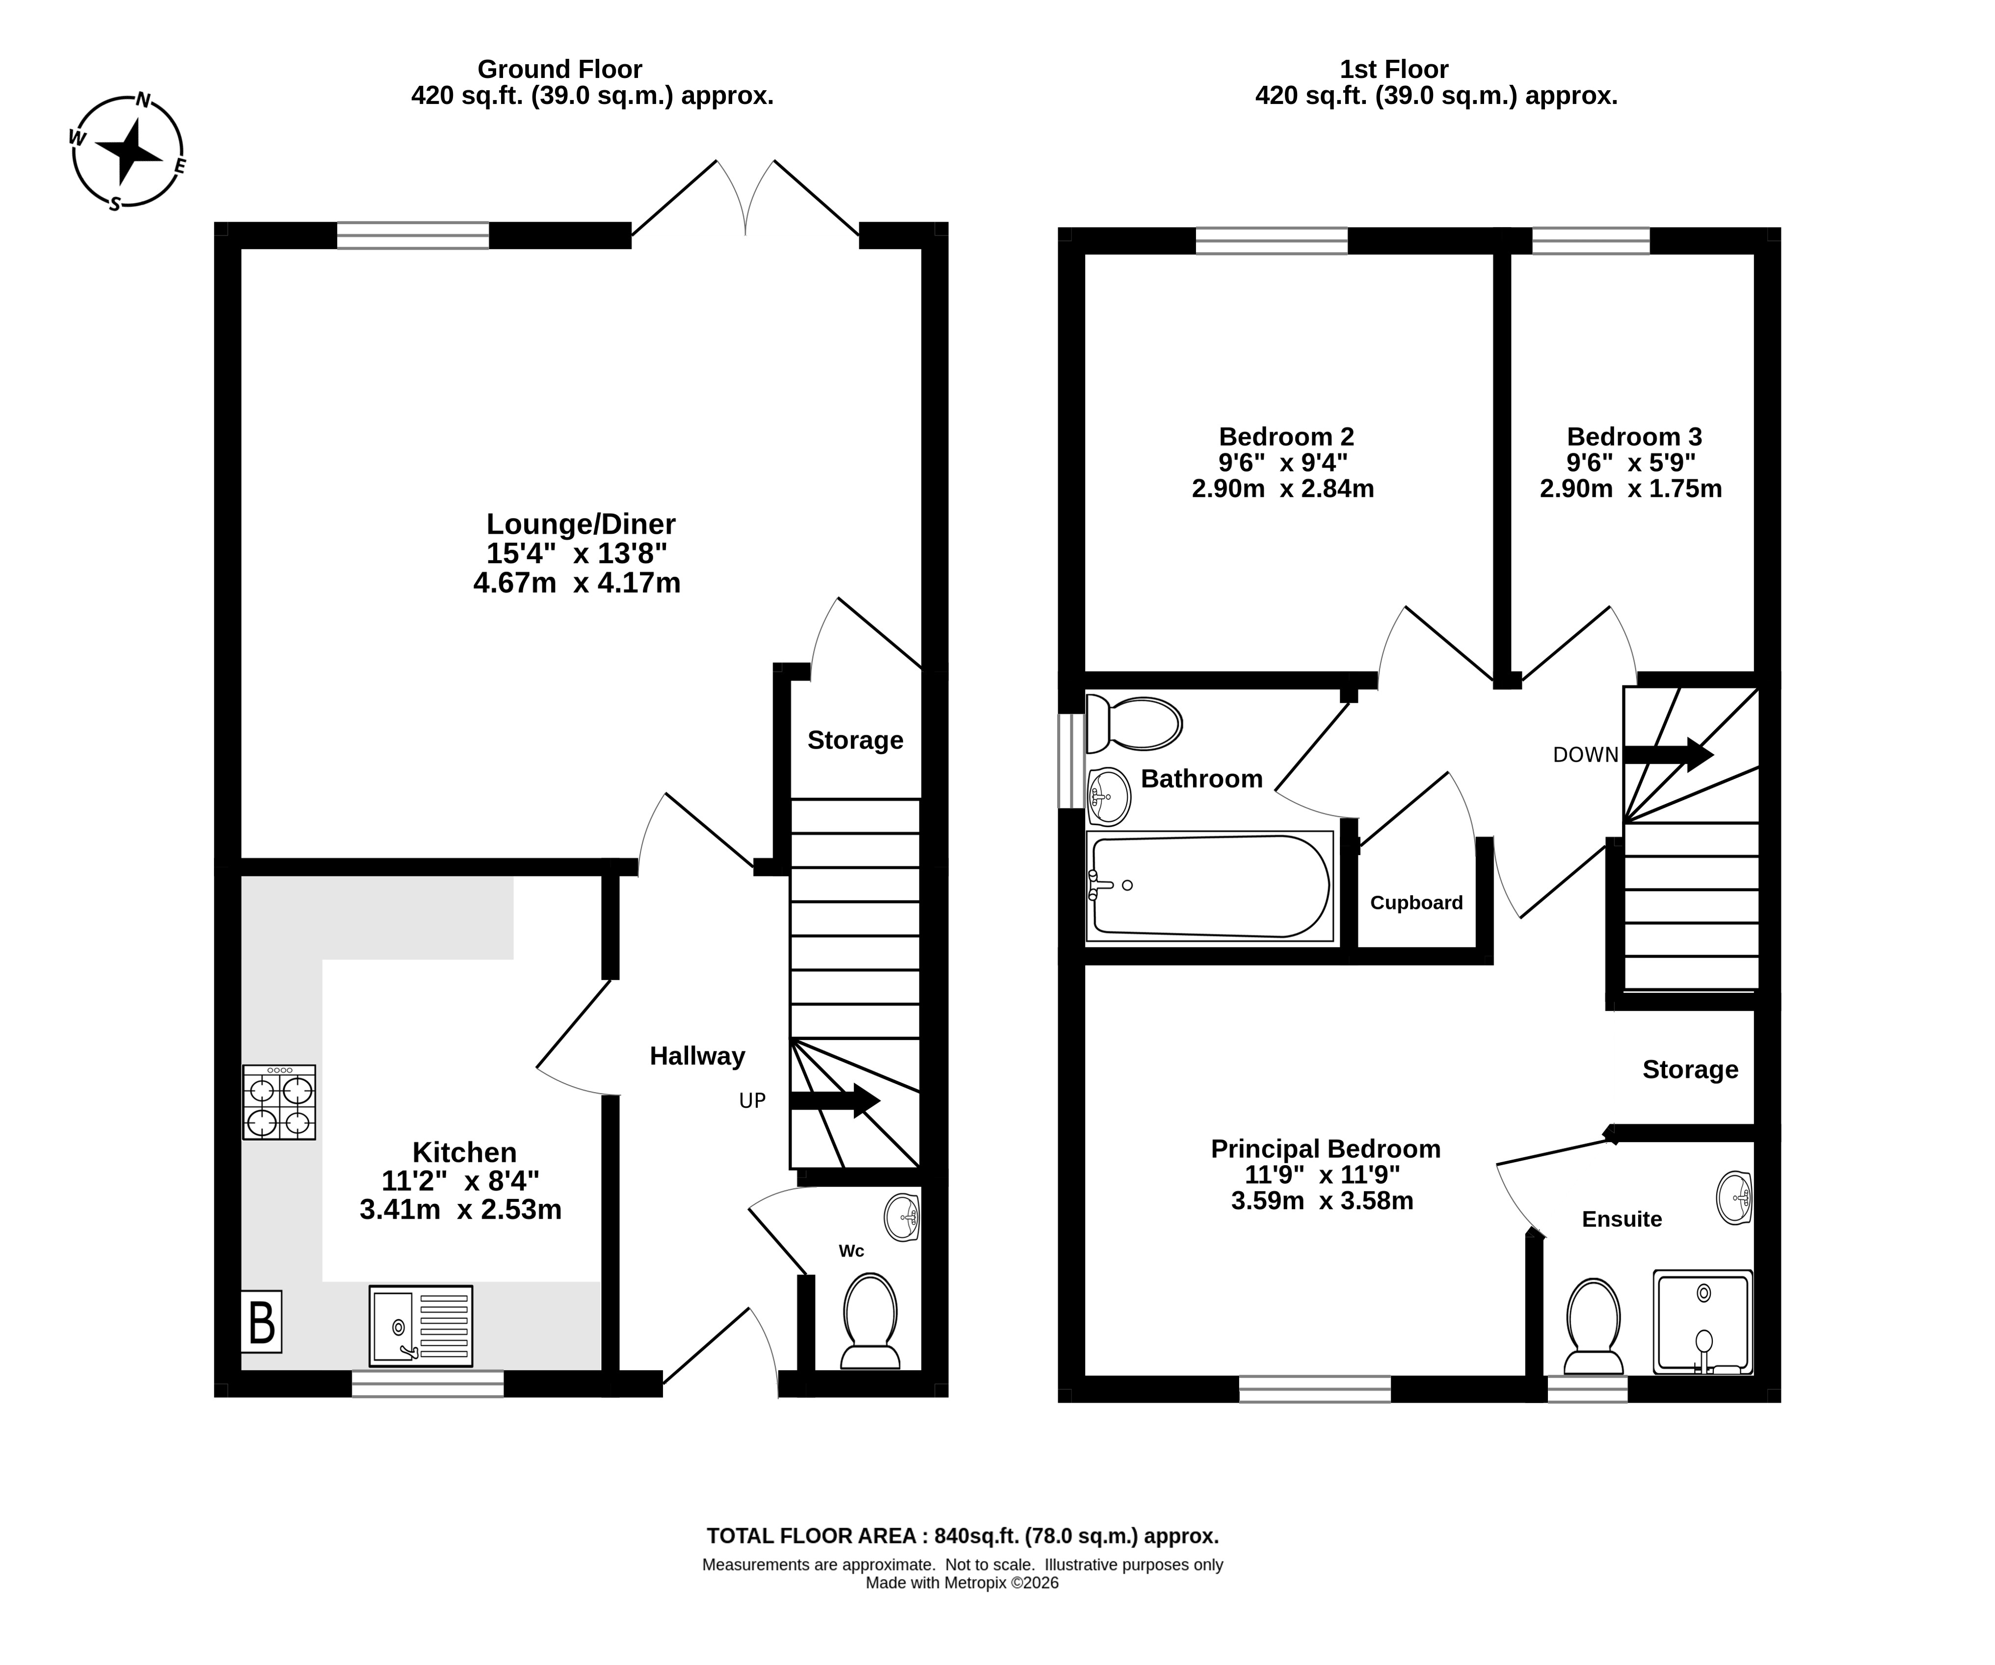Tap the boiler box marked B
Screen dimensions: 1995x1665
(x=261, y=1321)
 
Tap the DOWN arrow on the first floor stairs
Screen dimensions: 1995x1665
(x=1668, y=755)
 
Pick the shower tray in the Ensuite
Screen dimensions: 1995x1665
(x=1702, y=1322)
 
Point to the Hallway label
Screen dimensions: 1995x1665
(x=697, y=1056)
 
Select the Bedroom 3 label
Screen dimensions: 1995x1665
(x=1634, y=437)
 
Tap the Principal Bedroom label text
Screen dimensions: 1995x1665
(x=1325, y=1149)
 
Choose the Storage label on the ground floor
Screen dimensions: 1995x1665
(x=855, y=740)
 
